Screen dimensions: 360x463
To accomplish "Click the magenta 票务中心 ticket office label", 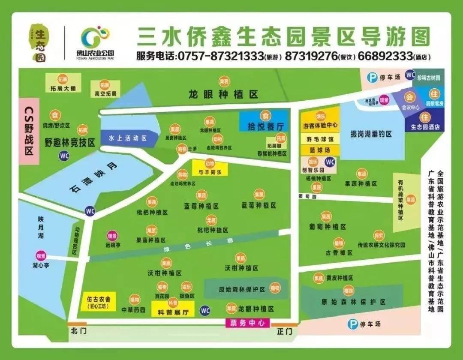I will pyautogui.click(x=247, y=323).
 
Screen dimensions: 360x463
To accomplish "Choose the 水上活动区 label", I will pyautogui.click(x=127, y=138).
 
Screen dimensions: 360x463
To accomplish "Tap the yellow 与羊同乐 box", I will pyautogui.click(x=210, y=168).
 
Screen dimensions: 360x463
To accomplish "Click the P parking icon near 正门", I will pyautogui.click(x=352, y=324).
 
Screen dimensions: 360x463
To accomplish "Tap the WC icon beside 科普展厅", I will pyautogui.click(x=205, y=310).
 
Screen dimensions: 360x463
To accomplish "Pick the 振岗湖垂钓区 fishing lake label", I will pyautogui.click(x=371, y=134).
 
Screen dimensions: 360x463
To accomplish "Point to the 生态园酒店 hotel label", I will pyautogui.click(x=425, y=127).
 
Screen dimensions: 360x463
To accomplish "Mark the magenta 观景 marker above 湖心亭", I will pyautogui.click(x=41, y=255).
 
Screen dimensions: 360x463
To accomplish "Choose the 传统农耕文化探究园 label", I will pyautogui.click(x=381, y=245).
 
